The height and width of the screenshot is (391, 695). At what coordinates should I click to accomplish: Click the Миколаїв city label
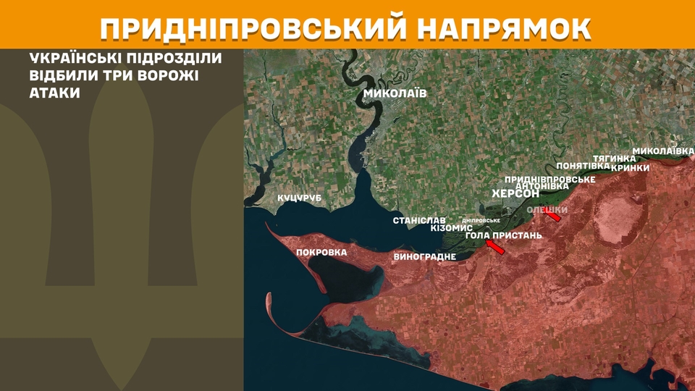tap(395, 94)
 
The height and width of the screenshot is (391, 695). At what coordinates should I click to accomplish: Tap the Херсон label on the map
tap(515, 194)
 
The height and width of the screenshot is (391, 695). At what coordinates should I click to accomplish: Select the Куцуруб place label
tap(299, 198)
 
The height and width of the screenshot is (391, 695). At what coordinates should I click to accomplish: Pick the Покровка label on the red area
tap(322, 253)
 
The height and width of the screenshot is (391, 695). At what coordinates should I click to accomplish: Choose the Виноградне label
tap(425, 257)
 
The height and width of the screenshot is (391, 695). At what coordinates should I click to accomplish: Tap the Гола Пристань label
tap(503, 235)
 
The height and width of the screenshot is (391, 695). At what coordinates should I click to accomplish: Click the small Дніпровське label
tap(481, 220)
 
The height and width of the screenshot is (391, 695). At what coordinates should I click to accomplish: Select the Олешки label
tap(546, 209)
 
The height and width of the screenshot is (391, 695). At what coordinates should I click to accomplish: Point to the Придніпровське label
tap(550, 179)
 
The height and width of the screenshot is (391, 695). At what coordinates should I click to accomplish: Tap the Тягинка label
tap(614, 158)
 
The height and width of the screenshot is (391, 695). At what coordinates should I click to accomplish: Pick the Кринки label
tap(630, 168)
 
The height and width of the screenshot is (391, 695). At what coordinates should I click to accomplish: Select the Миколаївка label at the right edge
tap(663, 151)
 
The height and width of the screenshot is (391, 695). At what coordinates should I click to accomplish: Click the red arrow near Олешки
tap(553, 215)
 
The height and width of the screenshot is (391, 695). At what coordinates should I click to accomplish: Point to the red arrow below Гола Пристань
tap(495, 248)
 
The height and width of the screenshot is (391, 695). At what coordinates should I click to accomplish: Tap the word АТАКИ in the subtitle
tap(55, 94)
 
